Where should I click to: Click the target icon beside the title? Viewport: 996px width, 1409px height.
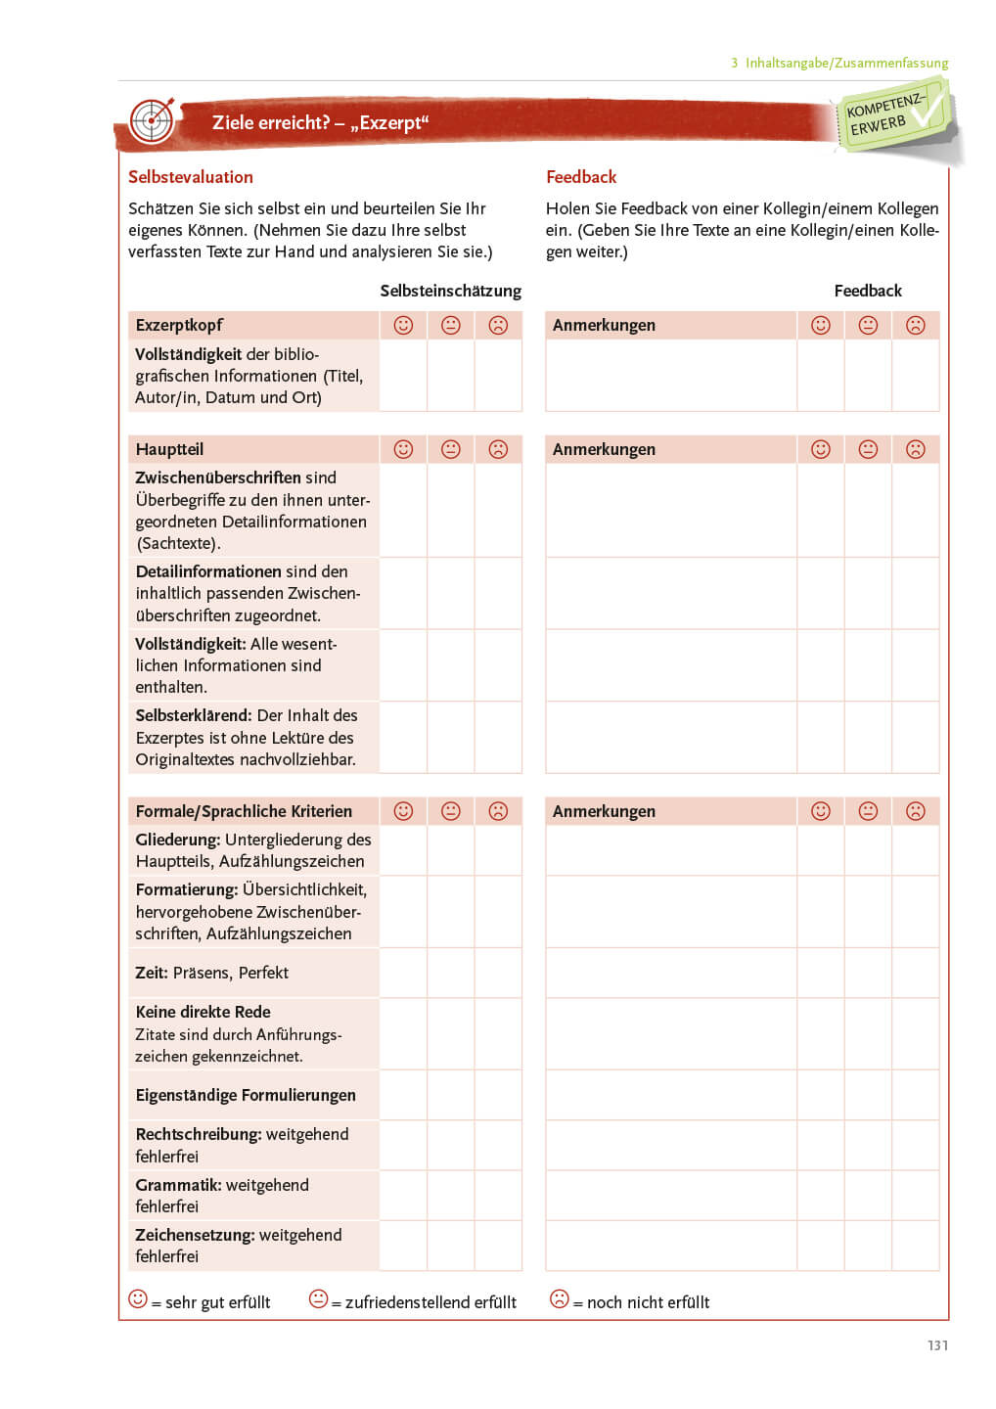coord(152,121)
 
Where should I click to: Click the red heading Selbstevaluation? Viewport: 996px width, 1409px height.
coord(191,177)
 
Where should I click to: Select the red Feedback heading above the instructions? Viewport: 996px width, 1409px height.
coord(581,177)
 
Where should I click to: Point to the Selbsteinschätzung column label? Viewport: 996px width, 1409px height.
coord(450,291)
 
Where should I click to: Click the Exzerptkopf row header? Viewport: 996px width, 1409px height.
coord(179,325)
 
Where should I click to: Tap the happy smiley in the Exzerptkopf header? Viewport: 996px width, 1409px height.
coord(403,325)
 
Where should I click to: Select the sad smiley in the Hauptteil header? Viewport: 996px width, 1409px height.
coord(498,449)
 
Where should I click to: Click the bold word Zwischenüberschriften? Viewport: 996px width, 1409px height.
coord(218,477)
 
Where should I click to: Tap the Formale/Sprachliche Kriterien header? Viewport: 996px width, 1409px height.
coord(244,811)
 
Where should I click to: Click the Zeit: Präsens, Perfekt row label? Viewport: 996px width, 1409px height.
coord(212,973)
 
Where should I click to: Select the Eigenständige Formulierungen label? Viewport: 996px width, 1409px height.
coord(246,1095)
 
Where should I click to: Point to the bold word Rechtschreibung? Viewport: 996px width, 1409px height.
coord(199,1134)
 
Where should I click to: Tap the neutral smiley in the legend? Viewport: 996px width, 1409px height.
coord(318,1298)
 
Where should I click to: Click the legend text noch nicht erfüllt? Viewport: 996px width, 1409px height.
coord(648,1302)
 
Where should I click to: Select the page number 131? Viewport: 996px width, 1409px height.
coord(937,1345)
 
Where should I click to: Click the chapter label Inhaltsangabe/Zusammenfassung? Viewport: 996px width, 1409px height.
coord(846,63)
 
